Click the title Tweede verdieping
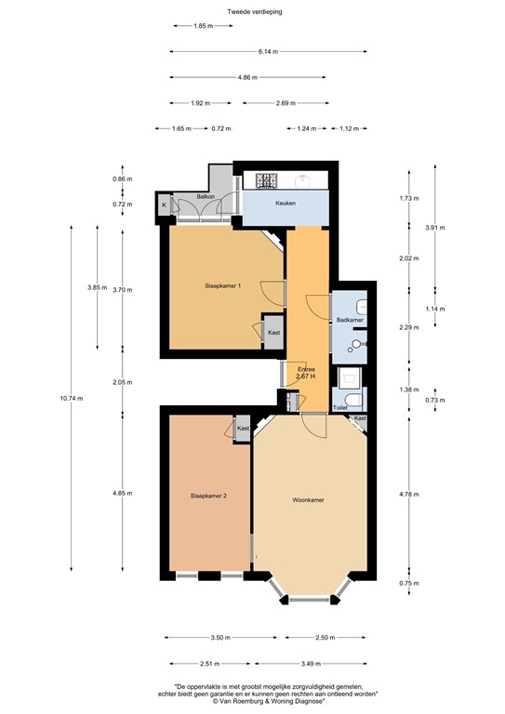click(x=255, y=12)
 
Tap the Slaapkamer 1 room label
click(x=222, y=286)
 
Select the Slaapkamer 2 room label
click(x=208, y=496)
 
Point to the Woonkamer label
click(x=308, y=500)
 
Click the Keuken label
click(x=286, y=203)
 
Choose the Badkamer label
click(x=350, y=320)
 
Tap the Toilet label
click(x=340, y=408)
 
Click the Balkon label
click(x=206, y=197)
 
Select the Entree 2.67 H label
click(x=306, y=374)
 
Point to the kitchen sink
click(x=302, y=181)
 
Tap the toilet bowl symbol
click(x=353, y=401)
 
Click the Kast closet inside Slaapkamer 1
click(x=273, y=333)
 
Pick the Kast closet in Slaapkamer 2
click(x=243, y=429)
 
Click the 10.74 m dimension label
click(x=71, y=399)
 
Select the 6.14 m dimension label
click(x=268, y=51)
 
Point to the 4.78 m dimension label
click(x=409, y=494)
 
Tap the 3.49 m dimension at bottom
click(x=311, y=664)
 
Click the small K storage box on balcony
click(x=165, y=205)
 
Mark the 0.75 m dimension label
click(x=409, y=583)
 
